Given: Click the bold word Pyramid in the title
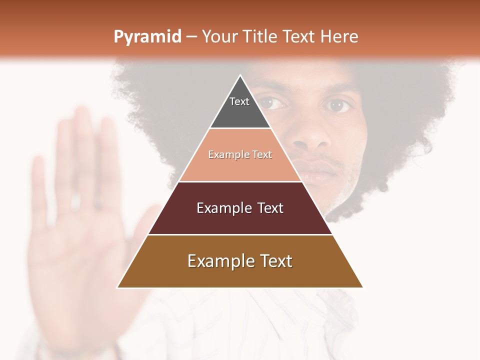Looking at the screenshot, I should [147, 37].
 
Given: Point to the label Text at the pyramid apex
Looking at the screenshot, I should [239, 101].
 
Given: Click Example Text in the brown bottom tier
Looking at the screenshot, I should [240, 261].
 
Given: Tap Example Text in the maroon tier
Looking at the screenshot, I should [240, 208].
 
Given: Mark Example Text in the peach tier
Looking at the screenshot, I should [240, 155].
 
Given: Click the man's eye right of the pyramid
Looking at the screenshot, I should [338, 105].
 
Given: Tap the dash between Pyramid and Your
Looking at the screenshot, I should [191, 37].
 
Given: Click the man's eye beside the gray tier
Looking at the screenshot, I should [274, 103].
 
